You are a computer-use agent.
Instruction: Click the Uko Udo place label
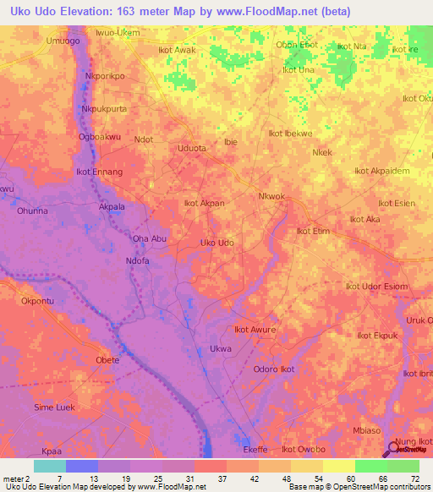216,243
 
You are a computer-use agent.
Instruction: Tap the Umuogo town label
63,41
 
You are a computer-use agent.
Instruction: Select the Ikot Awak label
177,50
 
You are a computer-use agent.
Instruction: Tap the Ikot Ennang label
100,172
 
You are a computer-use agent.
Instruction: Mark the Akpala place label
112,206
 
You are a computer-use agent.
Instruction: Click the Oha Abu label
149,239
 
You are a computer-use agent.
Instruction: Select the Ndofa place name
137,261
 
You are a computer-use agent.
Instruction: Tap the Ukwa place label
220,349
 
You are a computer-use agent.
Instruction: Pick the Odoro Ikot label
274,369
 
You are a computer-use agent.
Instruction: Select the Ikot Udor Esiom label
376,287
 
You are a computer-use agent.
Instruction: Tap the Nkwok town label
271,196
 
